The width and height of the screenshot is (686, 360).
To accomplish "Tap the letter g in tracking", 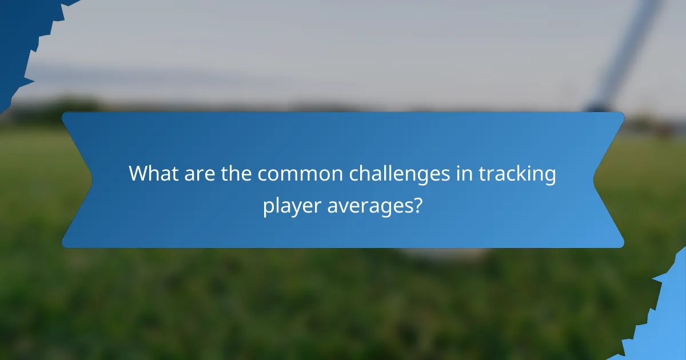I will pos(549,176).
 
